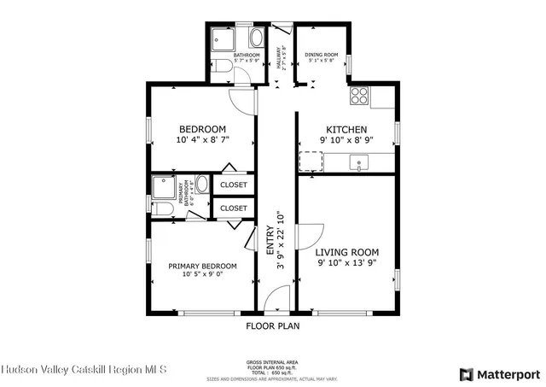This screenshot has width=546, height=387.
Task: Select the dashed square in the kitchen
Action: point(310,161)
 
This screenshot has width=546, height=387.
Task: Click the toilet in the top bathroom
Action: point(220,66)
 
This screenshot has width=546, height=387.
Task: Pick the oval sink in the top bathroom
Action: point(257,38)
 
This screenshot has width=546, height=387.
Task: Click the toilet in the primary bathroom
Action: point(162,209)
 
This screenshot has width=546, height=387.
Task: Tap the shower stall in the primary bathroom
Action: point(162,187)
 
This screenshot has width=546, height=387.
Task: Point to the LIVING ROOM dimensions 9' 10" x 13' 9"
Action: point(346,263)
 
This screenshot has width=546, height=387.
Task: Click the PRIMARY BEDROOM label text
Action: point(201,266)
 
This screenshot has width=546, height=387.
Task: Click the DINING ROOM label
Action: point(321,56)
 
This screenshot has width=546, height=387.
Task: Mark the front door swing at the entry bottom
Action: point(276,300)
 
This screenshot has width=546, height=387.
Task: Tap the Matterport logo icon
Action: point(465,373)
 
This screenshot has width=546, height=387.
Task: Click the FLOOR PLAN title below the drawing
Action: point(272,325)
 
